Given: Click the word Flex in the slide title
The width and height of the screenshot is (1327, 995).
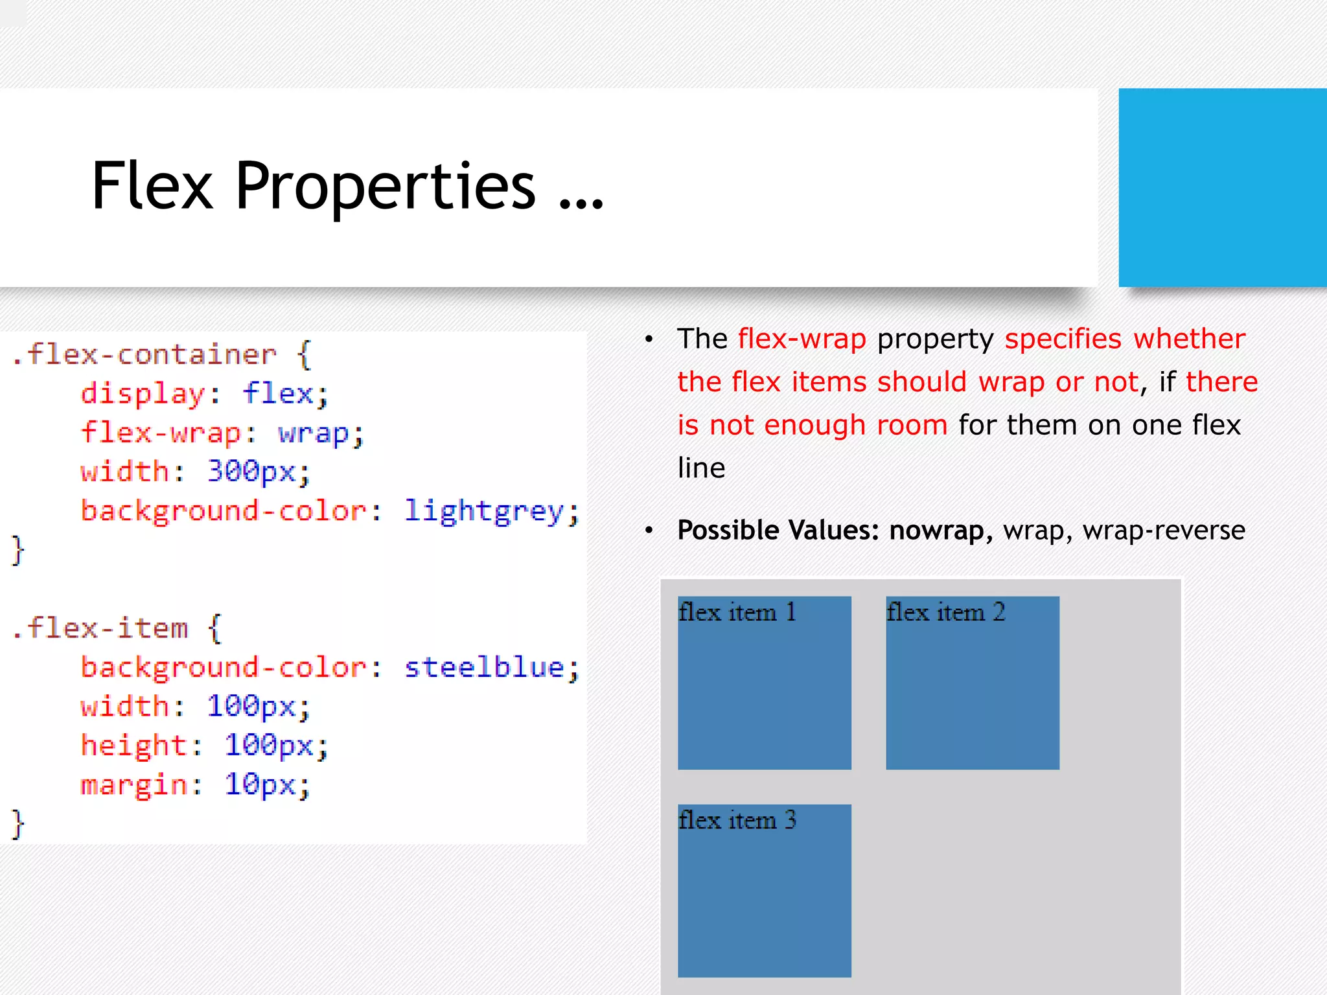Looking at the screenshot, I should pyautogui.click(x=152, y=186).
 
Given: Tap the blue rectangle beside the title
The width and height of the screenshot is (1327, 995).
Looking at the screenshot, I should pyautogui.click(x=1222, y=187).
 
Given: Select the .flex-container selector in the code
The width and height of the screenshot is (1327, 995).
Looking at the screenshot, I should pyautogui.click(x=144, y=354).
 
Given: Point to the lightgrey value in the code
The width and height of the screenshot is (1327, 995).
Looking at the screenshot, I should pyautogui.click(x=484, y=512).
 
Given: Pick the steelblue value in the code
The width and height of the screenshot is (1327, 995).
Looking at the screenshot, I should pyautogui.click(x=484, y=668).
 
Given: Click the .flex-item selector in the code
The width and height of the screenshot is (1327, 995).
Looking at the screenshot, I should pyautogui.click(x=100, y=628).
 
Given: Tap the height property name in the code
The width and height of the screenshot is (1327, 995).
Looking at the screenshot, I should pyautogui.click(x=133, y=746).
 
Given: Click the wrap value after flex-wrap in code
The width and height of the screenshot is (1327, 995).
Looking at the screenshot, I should pyautogui.click(x=314, y=433).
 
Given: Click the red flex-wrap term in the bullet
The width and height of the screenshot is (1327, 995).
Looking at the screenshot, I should pyautogui.click(x=802, y=339).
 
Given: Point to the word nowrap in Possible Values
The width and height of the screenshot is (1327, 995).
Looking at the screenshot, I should pyautogui.click(x=937, y=531).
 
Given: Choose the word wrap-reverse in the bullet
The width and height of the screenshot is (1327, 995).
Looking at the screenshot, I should pyautogui.click(x=1164, y=531).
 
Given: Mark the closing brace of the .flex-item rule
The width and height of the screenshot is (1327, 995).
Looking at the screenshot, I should pyautogui.click(x=18, y=825).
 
